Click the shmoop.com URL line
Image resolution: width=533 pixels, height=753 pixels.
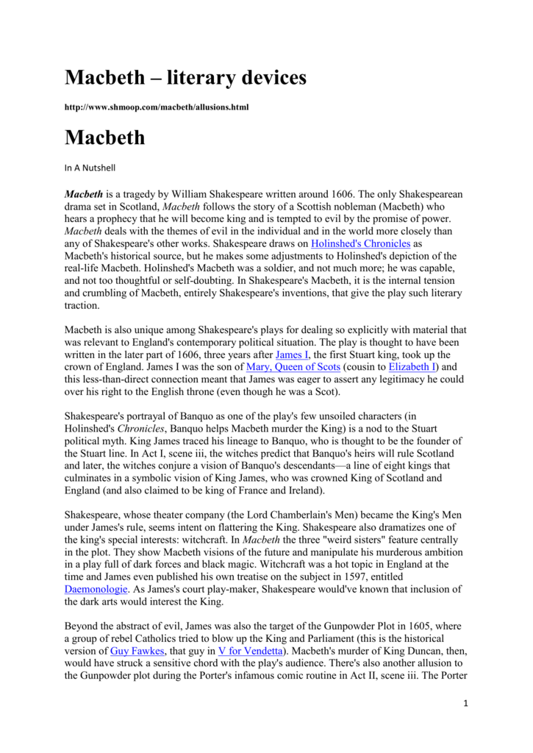click(x=157, y=107)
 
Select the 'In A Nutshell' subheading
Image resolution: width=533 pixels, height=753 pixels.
click(x=89, y=167)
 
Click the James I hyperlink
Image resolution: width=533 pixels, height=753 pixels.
click(x=290, y=354)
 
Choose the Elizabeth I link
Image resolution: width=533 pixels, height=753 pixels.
click(x=412, y=367)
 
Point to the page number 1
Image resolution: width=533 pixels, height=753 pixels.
click(x=465, y=702)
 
